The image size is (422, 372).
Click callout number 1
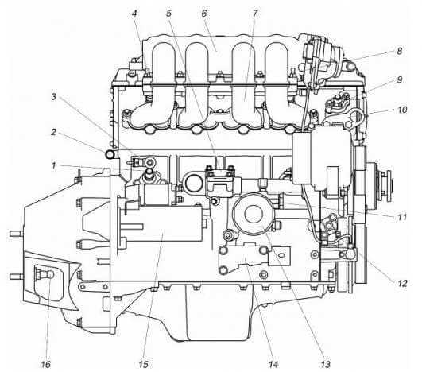[x=54, y=165]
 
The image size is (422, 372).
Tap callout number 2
[x=54, y=132]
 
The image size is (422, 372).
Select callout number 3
[x=53, y=97]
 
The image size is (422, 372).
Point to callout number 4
[x=134, y=14]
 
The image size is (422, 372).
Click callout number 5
[x=168, y=14]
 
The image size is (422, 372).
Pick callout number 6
[x=204, y=14]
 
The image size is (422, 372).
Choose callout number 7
[x=255, y=14]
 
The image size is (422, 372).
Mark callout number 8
[x=400, y=51]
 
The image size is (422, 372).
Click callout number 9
[x=400, y=80]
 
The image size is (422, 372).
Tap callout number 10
[x=402, y=110]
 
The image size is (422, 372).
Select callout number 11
[x=402, y=217]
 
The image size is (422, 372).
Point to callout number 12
[x=402, y=283]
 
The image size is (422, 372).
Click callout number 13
[x=325, y=364]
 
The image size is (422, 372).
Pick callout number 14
[x=273, y=364]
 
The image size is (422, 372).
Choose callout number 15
[x=143, y=364]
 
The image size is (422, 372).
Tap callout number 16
[x=46, y=364]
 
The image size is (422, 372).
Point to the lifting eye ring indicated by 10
[x=357, y=116]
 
